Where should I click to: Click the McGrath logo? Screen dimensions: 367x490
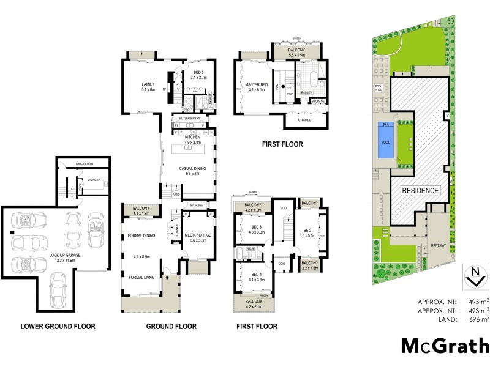[445, 346]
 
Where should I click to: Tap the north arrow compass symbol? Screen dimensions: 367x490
[472, 277]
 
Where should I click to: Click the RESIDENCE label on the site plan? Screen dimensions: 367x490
[421, 190]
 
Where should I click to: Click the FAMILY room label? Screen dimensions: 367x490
[147, 84]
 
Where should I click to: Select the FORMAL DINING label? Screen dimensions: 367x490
[141, 235]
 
